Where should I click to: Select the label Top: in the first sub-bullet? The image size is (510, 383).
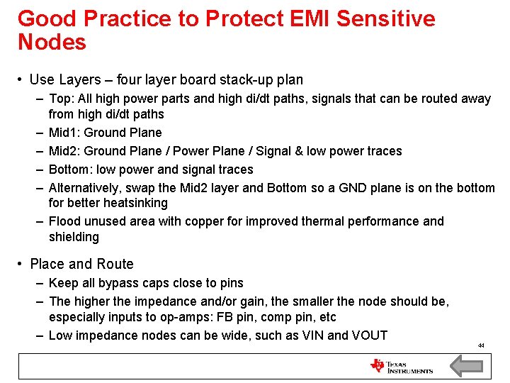pos(61,99)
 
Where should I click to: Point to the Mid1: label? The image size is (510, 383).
pos(64,133)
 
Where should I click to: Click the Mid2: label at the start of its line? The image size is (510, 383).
pos(64,151)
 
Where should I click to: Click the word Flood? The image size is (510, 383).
pos(64,221)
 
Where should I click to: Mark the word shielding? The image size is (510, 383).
pos(74,237)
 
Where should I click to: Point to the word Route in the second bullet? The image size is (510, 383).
pos(115,264)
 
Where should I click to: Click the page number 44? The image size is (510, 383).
pos(480,345)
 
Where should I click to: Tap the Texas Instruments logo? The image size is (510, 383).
pos(402,366)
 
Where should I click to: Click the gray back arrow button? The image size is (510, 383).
pos(466,366)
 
